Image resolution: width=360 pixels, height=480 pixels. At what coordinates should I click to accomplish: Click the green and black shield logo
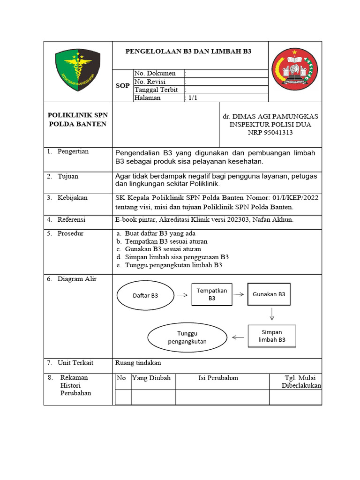[x=78, y=71]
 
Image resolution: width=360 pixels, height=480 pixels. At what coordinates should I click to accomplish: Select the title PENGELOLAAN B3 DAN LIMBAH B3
[x=188, y=52]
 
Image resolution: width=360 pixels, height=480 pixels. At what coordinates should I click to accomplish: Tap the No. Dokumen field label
[x=155, y=74]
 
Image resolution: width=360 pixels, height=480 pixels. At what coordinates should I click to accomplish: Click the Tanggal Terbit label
[x=157, y=90]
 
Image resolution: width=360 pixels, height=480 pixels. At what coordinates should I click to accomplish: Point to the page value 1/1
[x=193, y=98]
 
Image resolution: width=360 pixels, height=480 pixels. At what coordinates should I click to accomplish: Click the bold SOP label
[x=123, y=86]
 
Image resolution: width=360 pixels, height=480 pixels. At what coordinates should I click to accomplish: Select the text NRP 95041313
[x=270, y=133]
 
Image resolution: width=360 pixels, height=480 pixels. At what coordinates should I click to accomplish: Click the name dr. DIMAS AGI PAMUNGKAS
[x=270, y=116]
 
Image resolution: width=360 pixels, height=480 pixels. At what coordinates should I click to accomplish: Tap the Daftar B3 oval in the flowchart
[x=145, y=295]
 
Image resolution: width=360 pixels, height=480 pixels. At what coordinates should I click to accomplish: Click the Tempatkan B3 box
[x=212, y=294]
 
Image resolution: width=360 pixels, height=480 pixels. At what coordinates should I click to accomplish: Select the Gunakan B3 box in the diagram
[x=269, y=294]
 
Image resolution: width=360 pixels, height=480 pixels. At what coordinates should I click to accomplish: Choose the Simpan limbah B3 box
[x=272, y=336]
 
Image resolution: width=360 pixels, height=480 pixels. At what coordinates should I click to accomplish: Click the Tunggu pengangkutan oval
[x=187, y=337]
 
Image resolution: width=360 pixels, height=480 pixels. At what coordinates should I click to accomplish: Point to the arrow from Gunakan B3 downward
[x=271, y=314]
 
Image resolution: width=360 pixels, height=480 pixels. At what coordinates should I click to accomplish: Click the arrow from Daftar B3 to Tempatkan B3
[x=181, y=295]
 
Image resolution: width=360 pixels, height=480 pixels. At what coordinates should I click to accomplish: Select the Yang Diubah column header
[x=151, y=378]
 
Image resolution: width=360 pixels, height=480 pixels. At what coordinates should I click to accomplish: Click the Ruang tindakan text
[x=138, y=362]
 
